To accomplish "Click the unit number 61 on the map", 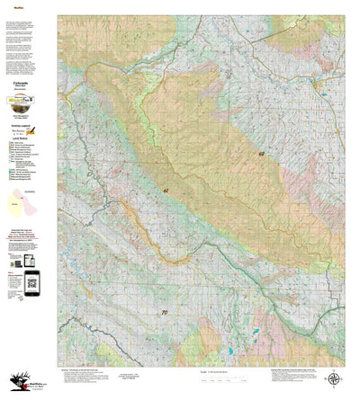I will coord(166,191).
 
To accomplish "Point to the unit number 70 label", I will coord(163,312).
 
